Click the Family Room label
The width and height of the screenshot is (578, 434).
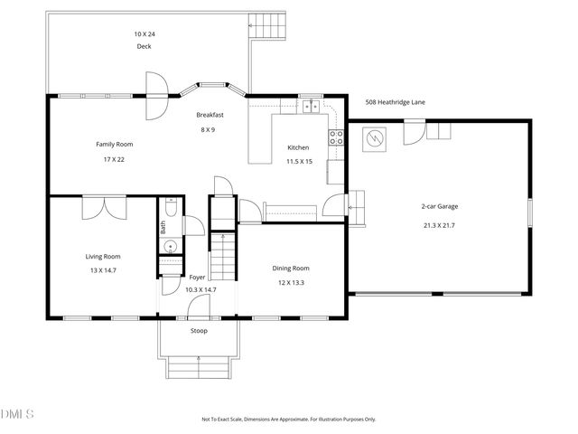pos(115,145)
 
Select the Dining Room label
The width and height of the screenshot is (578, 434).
pos(291,268)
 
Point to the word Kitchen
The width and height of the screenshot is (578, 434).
pos(298,147)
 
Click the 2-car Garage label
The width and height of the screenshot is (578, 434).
pos(440,206)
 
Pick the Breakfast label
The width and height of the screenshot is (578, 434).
pos(210,115)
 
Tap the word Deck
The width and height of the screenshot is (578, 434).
pos(144,46)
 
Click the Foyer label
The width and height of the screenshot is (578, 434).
pos(197,277)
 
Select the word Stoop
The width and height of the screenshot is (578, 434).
pos(199,331)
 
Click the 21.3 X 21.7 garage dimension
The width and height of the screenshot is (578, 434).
pos(440,225)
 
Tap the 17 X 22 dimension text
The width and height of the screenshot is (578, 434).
pos(115,160)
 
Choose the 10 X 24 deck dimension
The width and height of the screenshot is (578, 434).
pos(144,33)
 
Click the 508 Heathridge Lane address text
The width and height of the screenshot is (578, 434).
pos(396,102)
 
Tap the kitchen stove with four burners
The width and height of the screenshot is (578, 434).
pos(335,138)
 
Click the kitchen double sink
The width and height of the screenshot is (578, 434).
pos(311,105)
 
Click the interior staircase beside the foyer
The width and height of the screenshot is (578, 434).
pos(223,257)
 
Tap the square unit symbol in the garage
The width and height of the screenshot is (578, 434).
pos(374,139)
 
